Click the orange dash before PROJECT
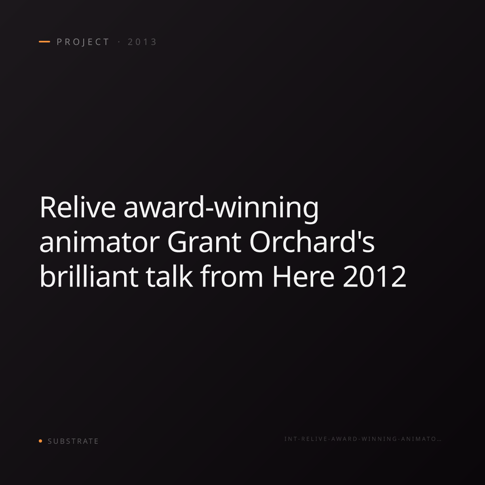(x=44, y=42)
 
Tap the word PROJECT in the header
(x=83, y=42)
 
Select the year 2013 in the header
(x=142, y=42)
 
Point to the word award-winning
(x=221, y=209)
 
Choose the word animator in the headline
(x=100, y=242)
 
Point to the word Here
(x=304, y=276)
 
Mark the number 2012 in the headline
(x=375, y=276)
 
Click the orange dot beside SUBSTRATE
(x=40, y=441)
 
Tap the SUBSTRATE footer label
(x=73, y=441)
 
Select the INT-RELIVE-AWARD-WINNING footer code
(x=360, y=439)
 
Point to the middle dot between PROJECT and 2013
(x=119, y=42)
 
